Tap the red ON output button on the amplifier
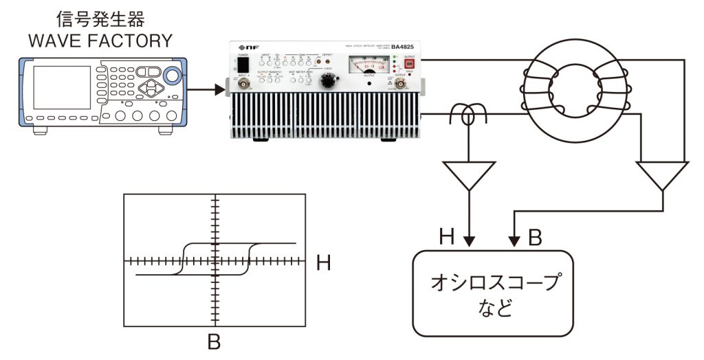coord(408,65)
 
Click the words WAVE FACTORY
coord(100,41)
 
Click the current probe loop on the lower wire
coord(469,115)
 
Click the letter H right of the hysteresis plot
coord(324,262)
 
